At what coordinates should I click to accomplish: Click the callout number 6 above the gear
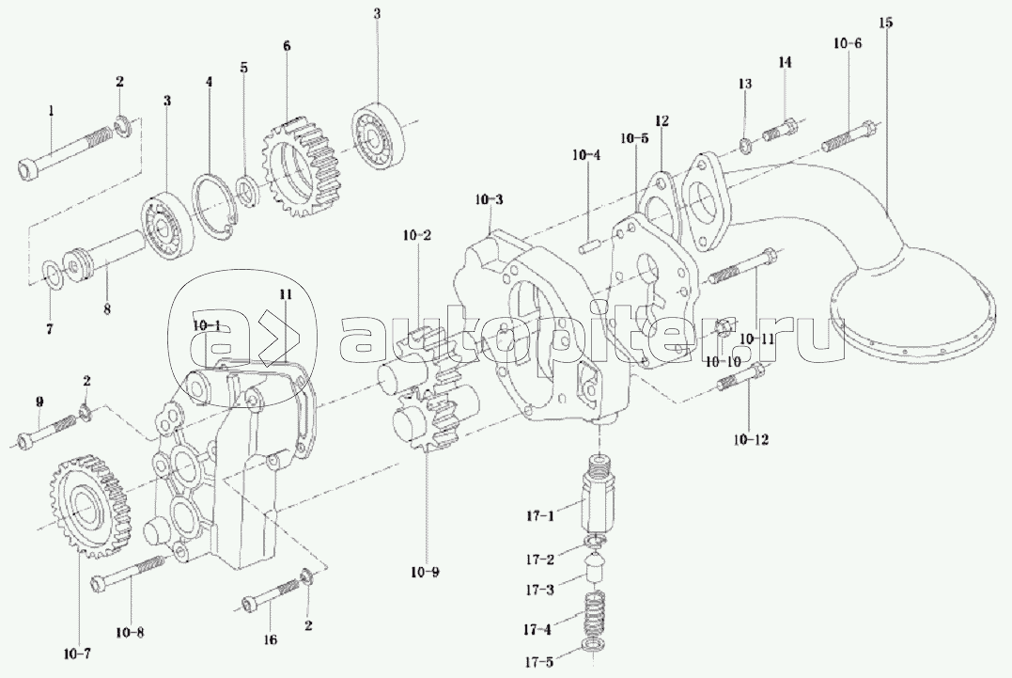(287, 44)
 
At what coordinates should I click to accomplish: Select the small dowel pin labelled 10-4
(590, 246)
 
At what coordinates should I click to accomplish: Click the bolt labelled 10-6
(851, 135)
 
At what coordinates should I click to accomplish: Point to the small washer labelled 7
(53, 274)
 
